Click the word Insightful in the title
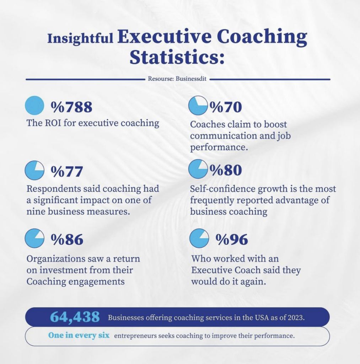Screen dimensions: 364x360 click(80, 38)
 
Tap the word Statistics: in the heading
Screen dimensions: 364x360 click(177, 57)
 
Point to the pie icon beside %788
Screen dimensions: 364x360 click(34, 105)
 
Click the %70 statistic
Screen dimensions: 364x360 click(225, 107)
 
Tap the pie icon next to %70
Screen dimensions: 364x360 click(198, 105)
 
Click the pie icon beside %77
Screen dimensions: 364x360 click(34, 170)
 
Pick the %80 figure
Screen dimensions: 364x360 click(225, 170)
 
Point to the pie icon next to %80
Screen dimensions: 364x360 click(198, 169)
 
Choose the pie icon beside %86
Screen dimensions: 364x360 click(34, 238)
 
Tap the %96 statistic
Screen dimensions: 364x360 click(232, 240)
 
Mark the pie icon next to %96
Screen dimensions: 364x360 click(199, 238)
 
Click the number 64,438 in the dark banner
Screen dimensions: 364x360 click(75, 317)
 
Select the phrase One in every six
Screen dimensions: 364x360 click(79, 336)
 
